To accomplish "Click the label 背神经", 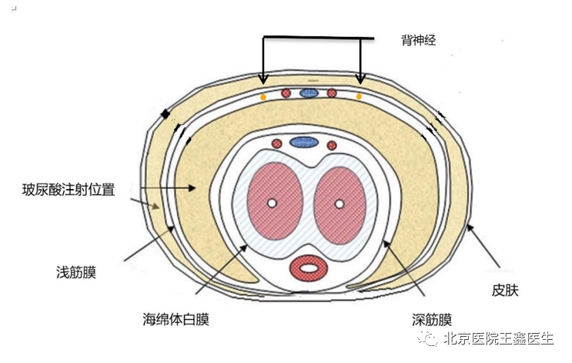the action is [419, 40].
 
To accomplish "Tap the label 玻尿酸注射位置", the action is [69, 190].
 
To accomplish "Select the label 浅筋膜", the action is [76, 272].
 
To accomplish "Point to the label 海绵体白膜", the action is [176, 320].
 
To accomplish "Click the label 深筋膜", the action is [432, 320].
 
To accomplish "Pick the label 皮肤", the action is [505, 291].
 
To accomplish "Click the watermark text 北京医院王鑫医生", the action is [499, 338].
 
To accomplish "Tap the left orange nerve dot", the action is [263, 97].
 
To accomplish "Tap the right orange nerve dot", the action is [359, 97].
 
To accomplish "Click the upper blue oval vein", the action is [309, 93].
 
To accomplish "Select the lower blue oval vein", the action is [304, 142].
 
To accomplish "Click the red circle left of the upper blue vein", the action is [286, 93].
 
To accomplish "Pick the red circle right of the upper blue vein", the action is [332, 93].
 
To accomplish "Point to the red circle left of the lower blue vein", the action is [277, 143].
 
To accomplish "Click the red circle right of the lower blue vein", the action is [332, 146].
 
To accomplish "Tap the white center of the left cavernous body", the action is [272, 203].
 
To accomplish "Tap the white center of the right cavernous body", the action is [340, 203].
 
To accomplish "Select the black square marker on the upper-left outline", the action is [166, 114].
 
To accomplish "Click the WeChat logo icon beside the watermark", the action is [428, 338].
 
